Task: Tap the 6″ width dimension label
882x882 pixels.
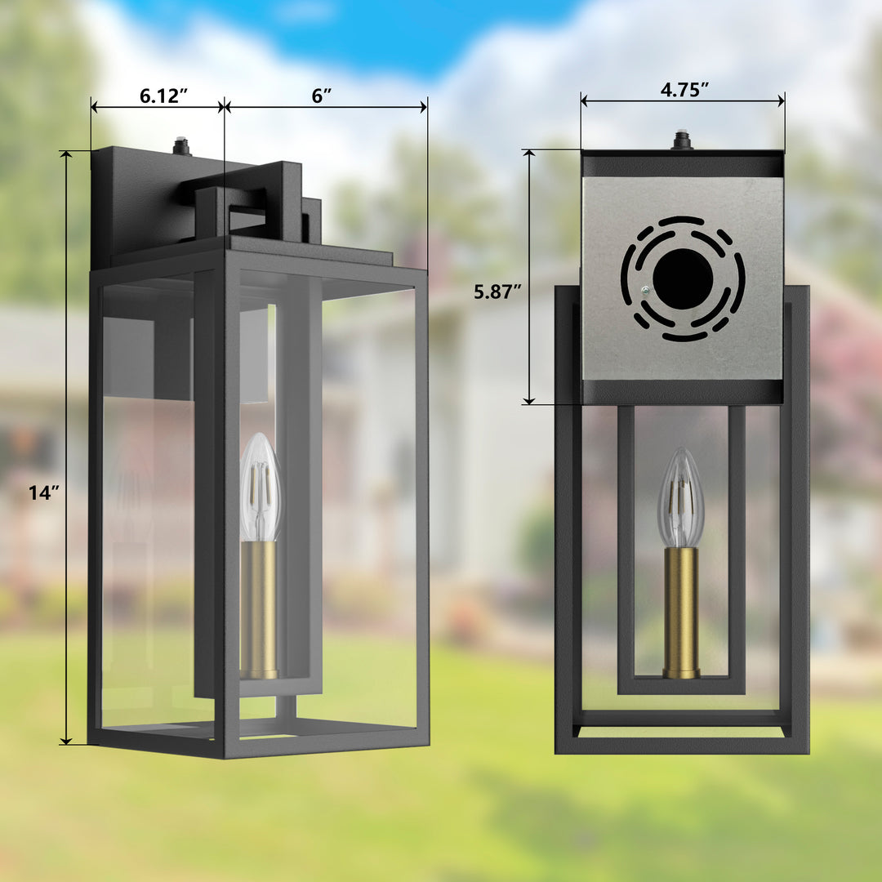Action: [x=322, y=96]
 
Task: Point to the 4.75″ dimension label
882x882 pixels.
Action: [x=684, y=90]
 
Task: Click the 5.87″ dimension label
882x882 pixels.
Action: [x=497, y=292]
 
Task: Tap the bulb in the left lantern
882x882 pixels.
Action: [x=260, y=488]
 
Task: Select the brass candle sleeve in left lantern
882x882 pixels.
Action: [x=259, y=608]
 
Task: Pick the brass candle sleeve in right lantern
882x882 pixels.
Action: [x=680, y=612]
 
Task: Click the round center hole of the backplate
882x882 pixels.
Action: [x=683, y=279]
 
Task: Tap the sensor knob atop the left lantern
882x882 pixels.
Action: [x=181, y=147]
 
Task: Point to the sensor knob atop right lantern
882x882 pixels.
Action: [x=681, y=140]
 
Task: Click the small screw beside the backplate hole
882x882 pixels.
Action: [x=645, y=290]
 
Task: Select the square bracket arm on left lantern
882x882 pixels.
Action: [x=245, y=196]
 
